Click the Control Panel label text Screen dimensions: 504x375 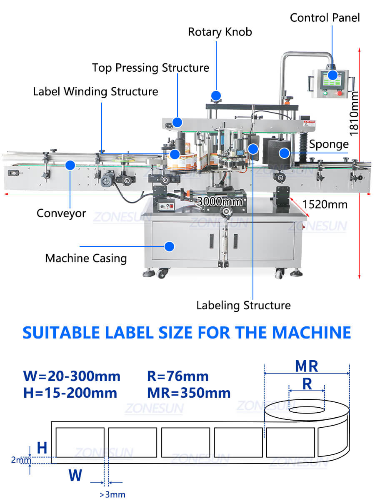pyautogui.click(x=325, y=18)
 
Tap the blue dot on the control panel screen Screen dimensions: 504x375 pyautogui.click(x=332, y=75)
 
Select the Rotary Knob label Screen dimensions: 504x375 pyautogui.click(x=220, y=32)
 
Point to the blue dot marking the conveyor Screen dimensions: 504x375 pyautogui.click(x=70, y=165)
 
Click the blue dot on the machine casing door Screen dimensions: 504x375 pyautogui.click(x=169, y=246)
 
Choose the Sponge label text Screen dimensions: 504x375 pyautogui.click(x=329, y=144)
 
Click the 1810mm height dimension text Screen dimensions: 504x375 pyautogui.click(x=354, y=114)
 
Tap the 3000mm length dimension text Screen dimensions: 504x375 pyautogui.click(x=220, y=202)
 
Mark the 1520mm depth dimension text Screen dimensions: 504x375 pyautogui.click(x=325, y=204)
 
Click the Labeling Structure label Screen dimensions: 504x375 pyautogui.click(x=243, y=305)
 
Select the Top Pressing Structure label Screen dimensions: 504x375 pyautogui.click(x=150, y=68)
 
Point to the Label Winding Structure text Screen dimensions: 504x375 pyautogui.click(x=96, y=91)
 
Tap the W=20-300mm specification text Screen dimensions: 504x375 pyautogui.click(x=72, y=376)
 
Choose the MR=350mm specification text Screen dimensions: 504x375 pyautogui.click(x=189, y=393)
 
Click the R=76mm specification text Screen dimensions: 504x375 pyautogui.click(x=178, y=376)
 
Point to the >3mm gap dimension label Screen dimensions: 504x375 pyautogui.click(x=112, y=495)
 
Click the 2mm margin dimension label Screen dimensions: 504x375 pyautogui.click(x=21, y=460)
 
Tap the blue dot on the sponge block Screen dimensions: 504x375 pyautogui.click(x=284, y=153)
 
